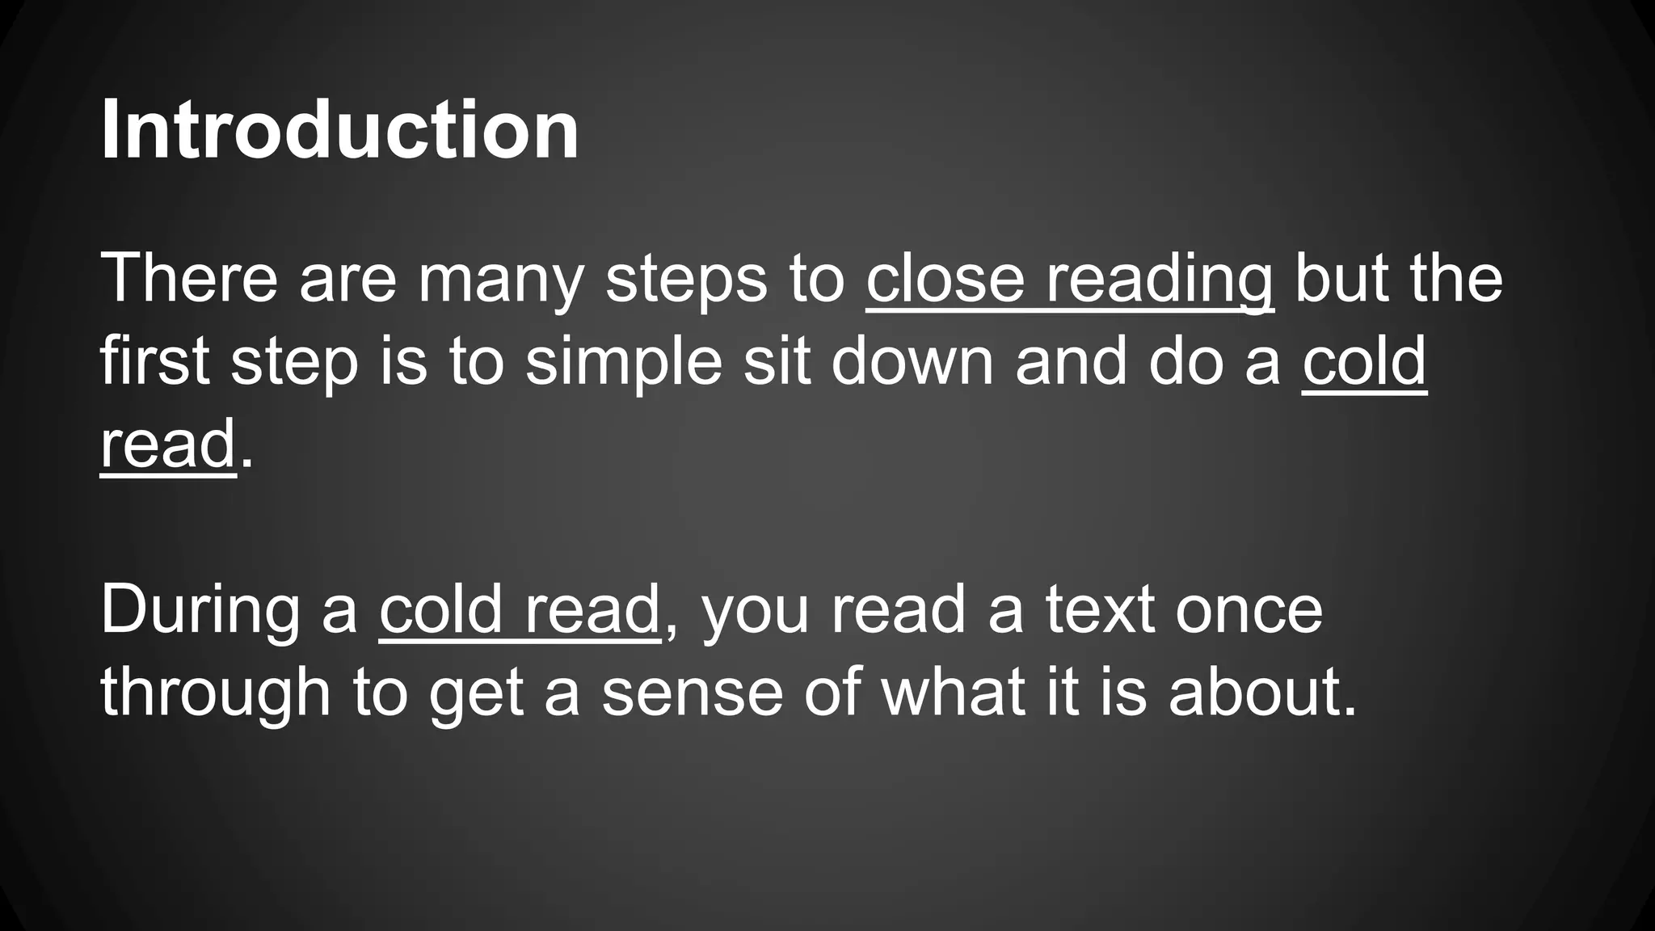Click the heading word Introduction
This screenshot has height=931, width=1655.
pos(339,130)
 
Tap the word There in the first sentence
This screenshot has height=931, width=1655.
pos(189,279)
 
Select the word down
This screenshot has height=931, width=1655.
pos(913,361)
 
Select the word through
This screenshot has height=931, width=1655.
pos(215,693)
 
